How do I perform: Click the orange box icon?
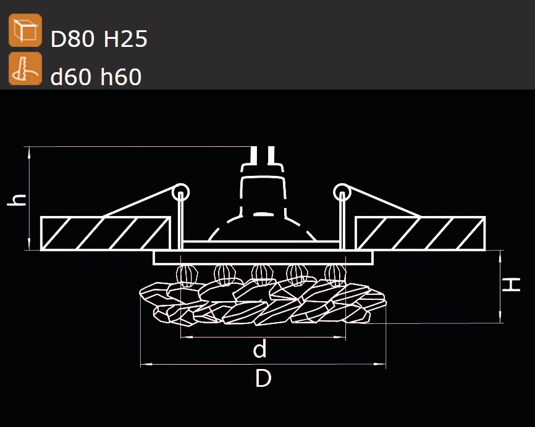tap(25, 30)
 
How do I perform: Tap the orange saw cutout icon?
tap(25, 68)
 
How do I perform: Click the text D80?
tap(72, 38)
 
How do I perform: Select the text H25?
tap(125, 38)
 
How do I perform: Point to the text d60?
tap(71, 76)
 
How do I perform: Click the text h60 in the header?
tap(121, 76)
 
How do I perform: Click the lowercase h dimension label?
tap(17, 200)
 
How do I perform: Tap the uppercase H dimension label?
tap(511, 284)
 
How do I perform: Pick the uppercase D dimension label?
tap(263, 378)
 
